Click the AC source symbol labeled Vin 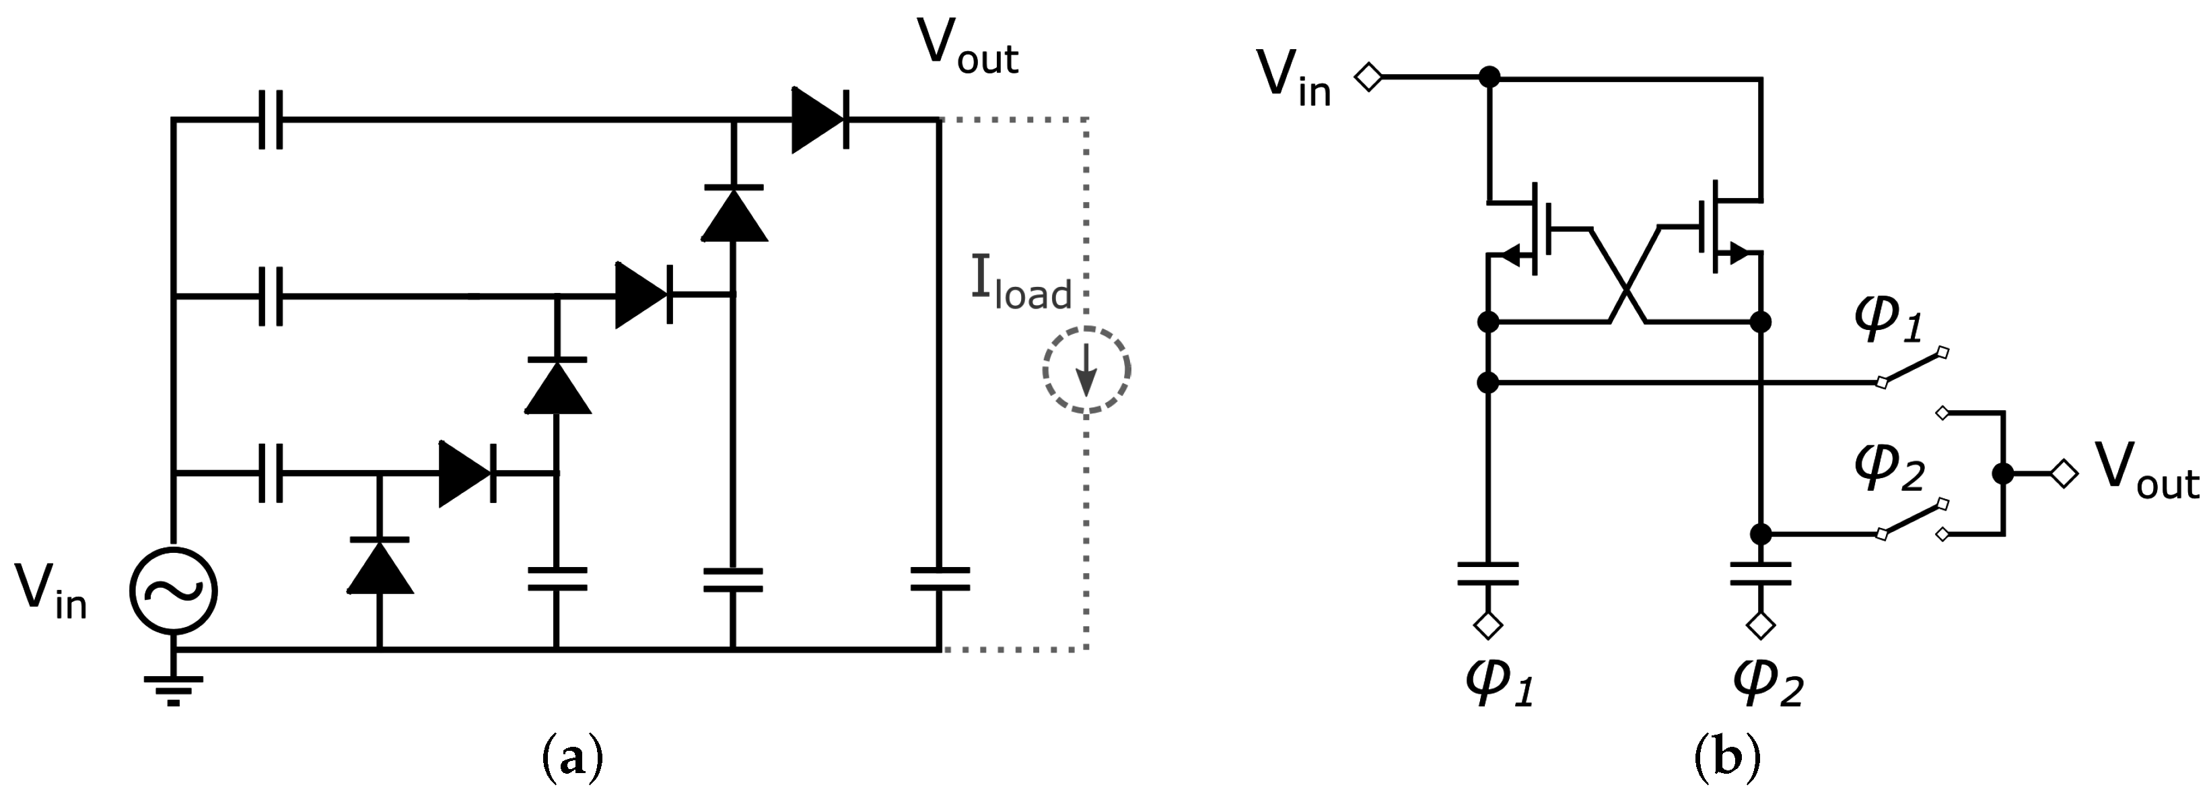click(x=173, y=591)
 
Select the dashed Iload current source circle click(x=1086, y=370)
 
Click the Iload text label click(x=1020, y=283)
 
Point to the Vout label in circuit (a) click(x=967, y=47)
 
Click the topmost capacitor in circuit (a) click(x=271, y=119)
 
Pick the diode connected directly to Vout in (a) click(x=820, y=119)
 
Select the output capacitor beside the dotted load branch click(x=940, y=578)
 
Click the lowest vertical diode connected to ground click(x=379, y=566)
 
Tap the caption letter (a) click(x=573, y=758)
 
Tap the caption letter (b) click(x=1727, y=758)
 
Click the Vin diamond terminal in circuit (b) click(x=1368, y=77)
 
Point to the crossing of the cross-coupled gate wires click(x=1627, y=292)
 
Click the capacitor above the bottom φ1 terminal click(x=1488, y=574)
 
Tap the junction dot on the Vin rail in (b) click(x=1489, y=77)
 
